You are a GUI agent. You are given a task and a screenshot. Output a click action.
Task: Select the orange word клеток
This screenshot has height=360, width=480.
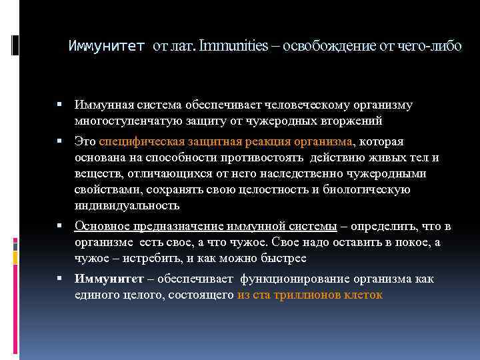point(365,295)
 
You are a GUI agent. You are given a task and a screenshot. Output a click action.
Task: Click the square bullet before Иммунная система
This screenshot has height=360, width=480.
point(60,105)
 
